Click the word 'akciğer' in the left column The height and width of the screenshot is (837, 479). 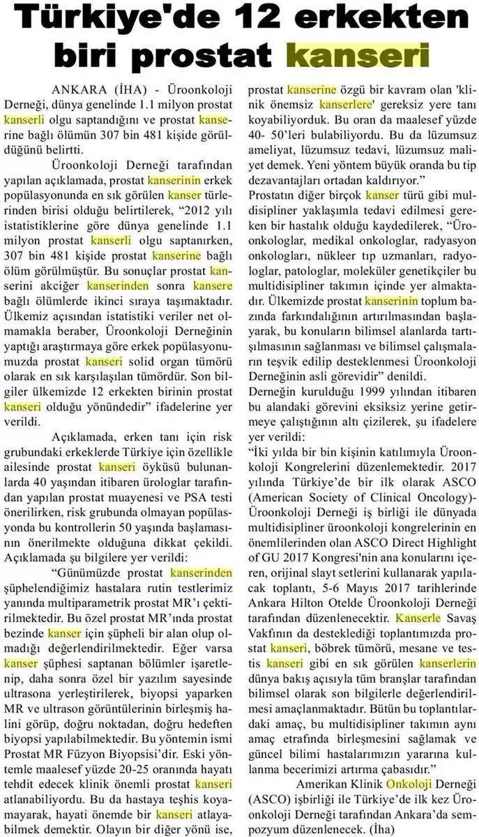coord(58,286)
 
